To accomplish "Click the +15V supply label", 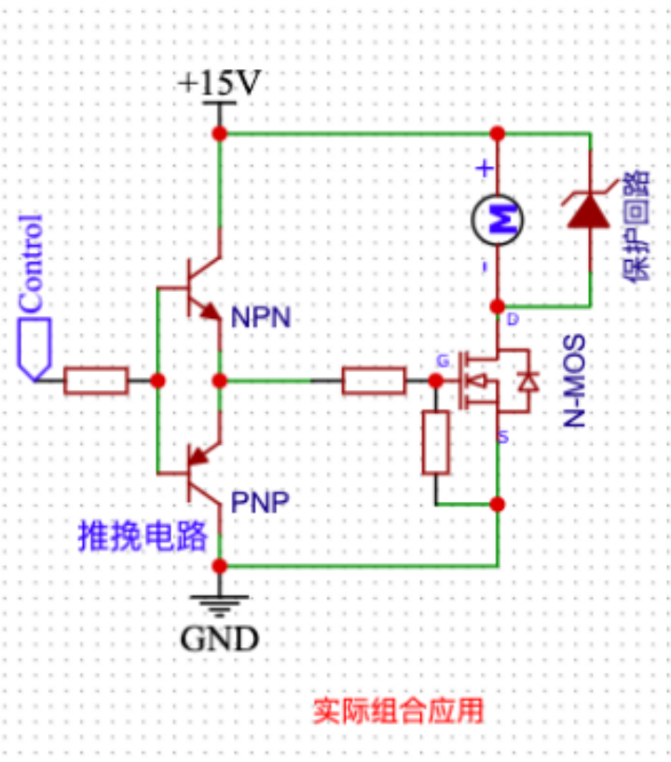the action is click(219, 82).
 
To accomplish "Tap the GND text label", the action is click(219, 639).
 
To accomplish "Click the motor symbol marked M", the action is click(497, 220).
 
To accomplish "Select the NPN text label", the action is click(261, 317).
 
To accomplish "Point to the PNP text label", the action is click(260, 502).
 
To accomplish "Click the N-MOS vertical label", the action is click(574, 381).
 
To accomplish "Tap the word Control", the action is click(31, 263).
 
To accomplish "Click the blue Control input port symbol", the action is click(34, 349).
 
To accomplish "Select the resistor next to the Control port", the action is click(96, 381).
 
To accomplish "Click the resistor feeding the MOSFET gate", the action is click(374, 381).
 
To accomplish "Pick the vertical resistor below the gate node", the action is click(435, 442).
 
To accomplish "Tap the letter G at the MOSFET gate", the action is click(443, 361).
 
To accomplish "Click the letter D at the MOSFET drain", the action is click(513, 319).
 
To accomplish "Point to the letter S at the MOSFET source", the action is click(503, 436).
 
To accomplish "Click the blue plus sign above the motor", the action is click(485, 169).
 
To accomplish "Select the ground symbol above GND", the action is click(219, 605).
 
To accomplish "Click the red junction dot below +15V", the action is click(219, 133).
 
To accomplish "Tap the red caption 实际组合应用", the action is click(398, 711).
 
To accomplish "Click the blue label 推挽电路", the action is click(143, 536).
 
